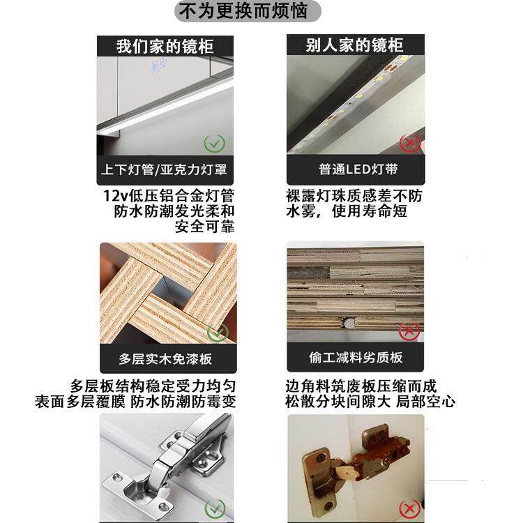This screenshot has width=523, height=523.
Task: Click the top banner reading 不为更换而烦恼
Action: (249, 12)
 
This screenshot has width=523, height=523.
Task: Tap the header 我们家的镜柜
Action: (165, 46)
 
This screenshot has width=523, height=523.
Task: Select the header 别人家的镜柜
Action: (355, 45)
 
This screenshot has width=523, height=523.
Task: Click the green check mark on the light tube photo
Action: (214, 144)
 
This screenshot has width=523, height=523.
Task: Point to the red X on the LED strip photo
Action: (410, 144)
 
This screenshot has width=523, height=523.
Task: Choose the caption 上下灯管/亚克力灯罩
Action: (165, 169)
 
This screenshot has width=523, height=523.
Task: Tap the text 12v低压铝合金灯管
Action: (168, 195)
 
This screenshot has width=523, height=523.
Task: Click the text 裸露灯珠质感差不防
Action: (354, 195)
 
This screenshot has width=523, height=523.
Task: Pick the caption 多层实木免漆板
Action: (165, 359)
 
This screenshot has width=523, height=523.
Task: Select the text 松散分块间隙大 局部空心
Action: (370, 402)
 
